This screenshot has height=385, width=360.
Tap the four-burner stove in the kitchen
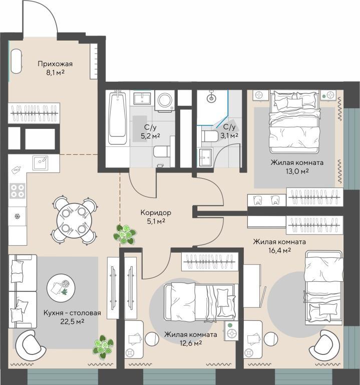tap(18, 191)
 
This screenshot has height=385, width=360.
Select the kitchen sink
tap(41, 162)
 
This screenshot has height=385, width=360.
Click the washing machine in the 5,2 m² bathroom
tap(165, 100)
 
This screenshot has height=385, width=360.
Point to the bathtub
tap(118, 117)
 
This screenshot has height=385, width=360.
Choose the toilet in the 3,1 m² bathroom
tap(210, 136)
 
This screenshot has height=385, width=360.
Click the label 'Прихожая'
tap(55, 64)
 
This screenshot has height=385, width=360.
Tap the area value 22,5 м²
tap(72, 321)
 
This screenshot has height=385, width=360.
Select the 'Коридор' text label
tap(156, 213)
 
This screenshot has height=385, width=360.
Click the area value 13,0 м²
tap(297, 171)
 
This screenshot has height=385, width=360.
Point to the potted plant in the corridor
tap(125, 235)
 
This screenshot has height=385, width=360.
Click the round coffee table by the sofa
tap(61, 288)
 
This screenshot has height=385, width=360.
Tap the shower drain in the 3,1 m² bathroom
tap(211, 98)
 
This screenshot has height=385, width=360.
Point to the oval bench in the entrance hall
tap(17, 61)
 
